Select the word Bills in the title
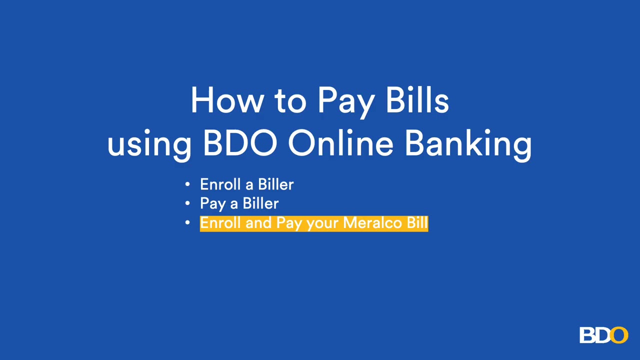(417, 100)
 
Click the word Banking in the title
(468, 144)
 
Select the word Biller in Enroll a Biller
(275, 184)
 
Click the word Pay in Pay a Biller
(212, 204)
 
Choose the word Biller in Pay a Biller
(260, 203)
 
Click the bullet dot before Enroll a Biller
(187, 184)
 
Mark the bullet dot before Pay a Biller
(187, 203)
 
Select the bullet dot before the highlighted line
(187, 223)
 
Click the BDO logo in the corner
(603, 335)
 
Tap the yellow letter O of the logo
(619, 335)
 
